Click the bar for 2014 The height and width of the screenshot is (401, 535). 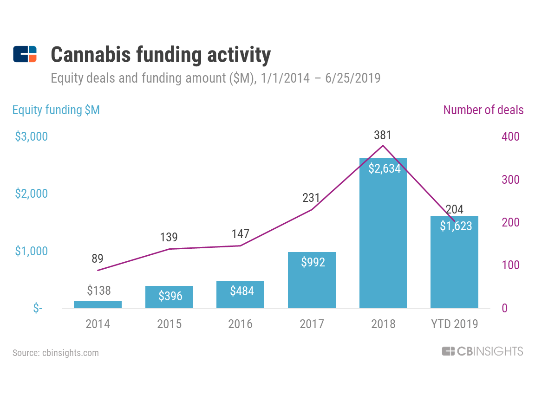pos(98,304)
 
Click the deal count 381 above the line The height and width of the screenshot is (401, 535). pos(383,136)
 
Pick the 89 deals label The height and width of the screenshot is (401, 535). pos(98,259)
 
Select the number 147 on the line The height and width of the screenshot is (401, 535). pos(241,234)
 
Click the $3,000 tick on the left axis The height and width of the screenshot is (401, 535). pos(31,137)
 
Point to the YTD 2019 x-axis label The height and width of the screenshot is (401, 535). pos(455,324)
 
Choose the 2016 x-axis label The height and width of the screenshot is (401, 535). pos(241,324)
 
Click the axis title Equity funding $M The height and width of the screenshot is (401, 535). pos(56,110)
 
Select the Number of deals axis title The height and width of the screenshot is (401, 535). pos(483,110)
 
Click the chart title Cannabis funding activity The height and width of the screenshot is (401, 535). pos(160,55)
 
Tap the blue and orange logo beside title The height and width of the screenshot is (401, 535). pos(25,54)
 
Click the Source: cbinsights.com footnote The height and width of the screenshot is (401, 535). pos(56,353)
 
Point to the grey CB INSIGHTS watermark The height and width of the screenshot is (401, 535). pos(483,351)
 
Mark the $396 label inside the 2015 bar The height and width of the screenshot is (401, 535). pos(169,296)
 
